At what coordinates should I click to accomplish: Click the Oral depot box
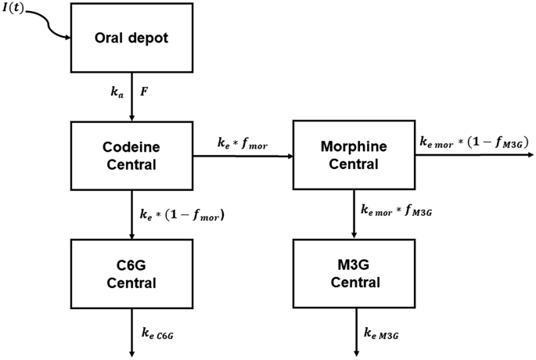click(131, 37)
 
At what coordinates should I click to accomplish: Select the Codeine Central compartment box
click(131, 155)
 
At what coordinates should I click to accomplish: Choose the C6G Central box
click(131, 273)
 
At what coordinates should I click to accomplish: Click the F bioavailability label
click(145, 92)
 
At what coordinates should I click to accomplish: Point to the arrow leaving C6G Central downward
click(131, 329)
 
